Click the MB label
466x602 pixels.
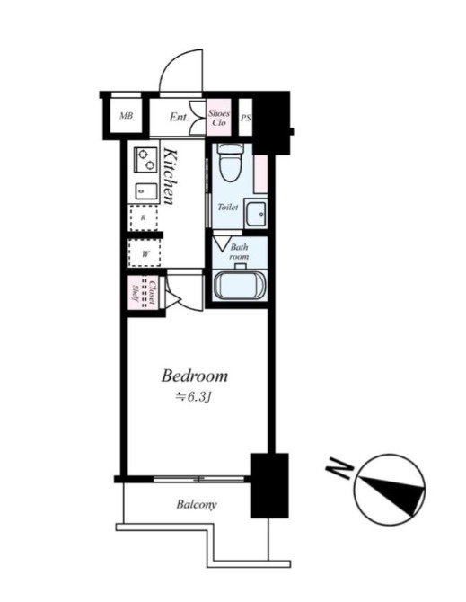[127, 115]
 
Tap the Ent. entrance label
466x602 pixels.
[179, 117]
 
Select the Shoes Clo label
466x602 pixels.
[219, 118]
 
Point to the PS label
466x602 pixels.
[246, 118]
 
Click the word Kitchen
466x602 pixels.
[171, 176]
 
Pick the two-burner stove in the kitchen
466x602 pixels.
[145, 160]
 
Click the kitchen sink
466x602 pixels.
[146, 190]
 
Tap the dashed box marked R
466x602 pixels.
[144, 217]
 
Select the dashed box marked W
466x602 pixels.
[145, 253]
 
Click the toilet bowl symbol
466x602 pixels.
[230, 163]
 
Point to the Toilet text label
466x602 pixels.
[228, 208]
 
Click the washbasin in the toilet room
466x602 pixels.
[256, 214]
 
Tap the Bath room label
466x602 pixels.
[240, 252]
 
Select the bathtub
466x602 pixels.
[239, 285]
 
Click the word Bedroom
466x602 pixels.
[195, 376]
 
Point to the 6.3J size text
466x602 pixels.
[193, 397]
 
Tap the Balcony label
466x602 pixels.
[197, 504]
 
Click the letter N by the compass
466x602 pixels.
[339, 468]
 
